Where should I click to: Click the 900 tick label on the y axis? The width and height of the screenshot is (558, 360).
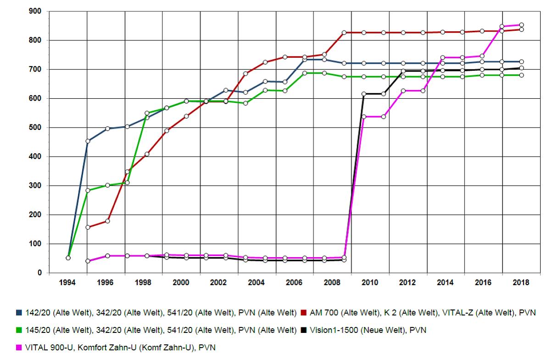[35, 11]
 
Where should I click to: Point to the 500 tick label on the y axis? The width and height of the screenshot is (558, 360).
[35, 127]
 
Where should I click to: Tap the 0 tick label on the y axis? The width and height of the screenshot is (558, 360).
[39, 273]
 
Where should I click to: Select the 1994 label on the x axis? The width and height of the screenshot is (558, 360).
[68, 283]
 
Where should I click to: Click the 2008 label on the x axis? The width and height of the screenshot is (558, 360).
[332, 283]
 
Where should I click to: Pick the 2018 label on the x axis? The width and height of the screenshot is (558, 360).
[521, 283]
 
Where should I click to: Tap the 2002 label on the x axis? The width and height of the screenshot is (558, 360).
[219, 283]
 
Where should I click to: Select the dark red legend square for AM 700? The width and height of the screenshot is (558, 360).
[303, 313]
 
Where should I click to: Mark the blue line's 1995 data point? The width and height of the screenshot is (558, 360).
[88, 141]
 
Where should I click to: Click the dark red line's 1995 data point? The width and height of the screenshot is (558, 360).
[88, 227]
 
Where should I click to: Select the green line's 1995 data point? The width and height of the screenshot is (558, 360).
[88, 190]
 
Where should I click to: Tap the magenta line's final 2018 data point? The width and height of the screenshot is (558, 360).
[521, 25]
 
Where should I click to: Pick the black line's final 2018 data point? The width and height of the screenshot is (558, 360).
[521, 68]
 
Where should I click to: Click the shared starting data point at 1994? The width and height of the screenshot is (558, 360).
[68, 258]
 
